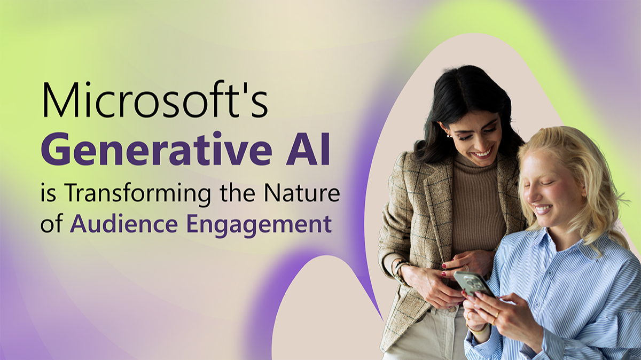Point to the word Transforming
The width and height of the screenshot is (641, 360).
pyautogui.click(x=139, y=194)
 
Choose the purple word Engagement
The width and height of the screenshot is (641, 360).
pyautogui.click(x=259, y=225)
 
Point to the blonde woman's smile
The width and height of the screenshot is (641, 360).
pyautogui.click(x=543, y=210)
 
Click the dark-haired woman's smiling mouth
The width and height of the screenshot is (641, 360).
pyautogui.click(x=483, y=153)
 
